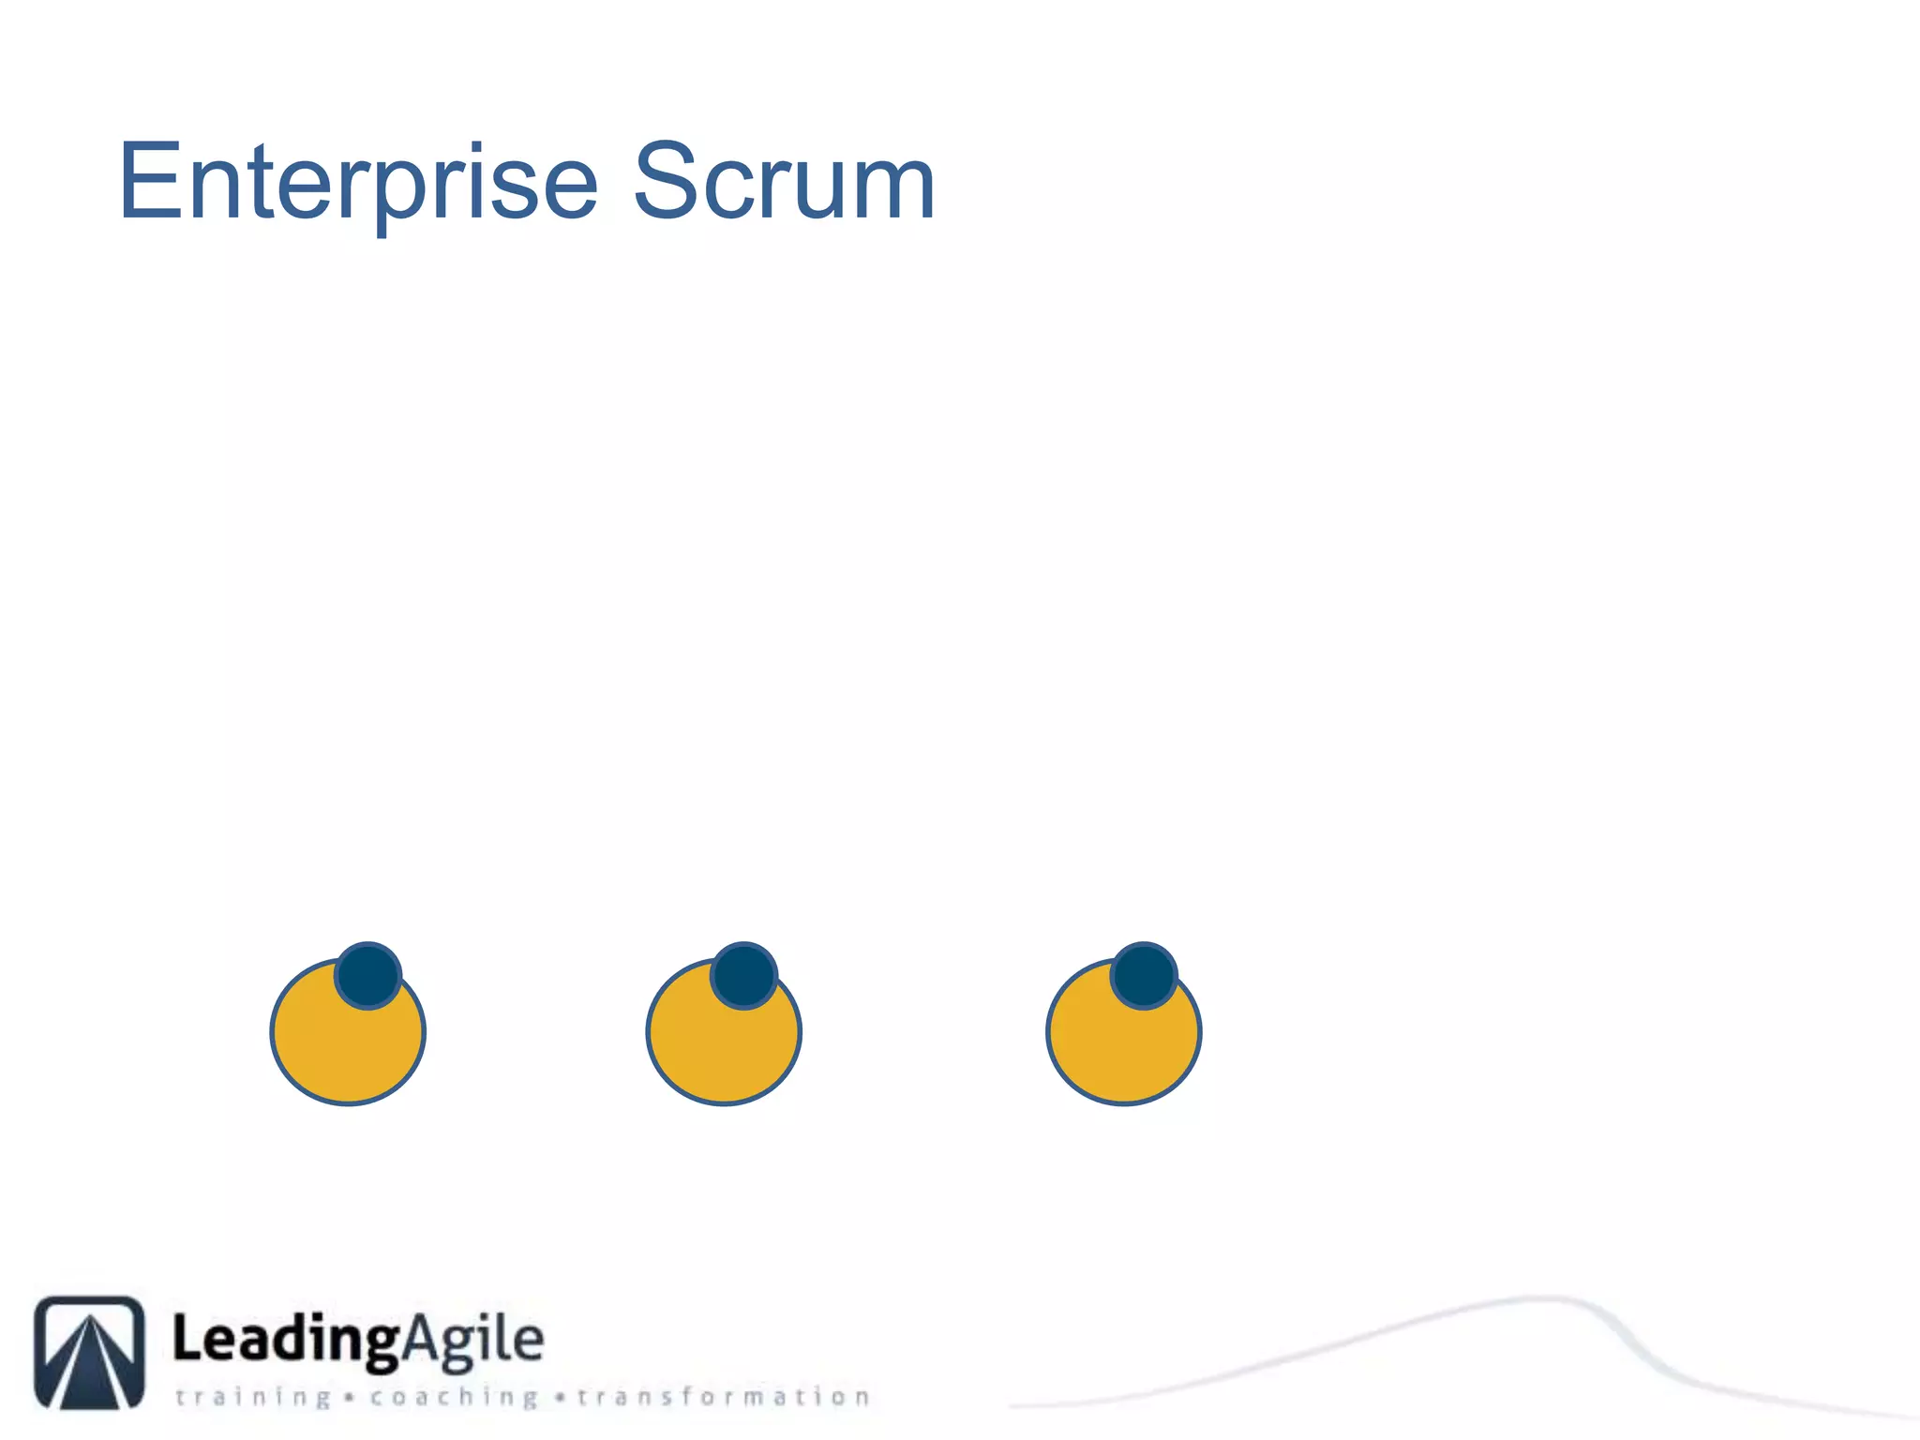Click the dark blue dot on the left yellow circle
pyautogui.click(x=368, y=975)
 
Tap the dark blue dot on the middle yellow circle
pyautogui.click(x=744, y=975)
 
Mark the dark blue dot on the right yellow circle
pyautogui.click(x=1144, y=975)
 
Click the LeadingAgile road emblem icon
pyautogui.click(x=90, y=1352)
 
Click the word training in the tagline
pyautogui.click(x=253, y=1397)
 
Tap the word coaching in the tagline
pyautogui.click(x=454, y=1397)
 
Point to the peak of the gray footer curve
pyautogui.click(x=1547, y=1298)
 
